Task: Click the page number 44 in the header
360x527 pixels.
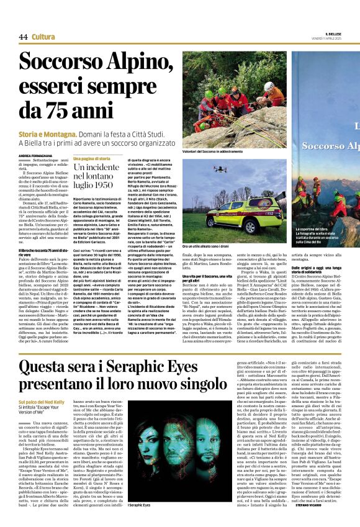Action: click(23, 37)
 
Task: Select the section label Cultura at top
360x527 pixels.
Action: click(43, 37)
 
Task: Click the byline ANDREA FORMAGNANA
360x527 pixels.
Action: click(35, 156)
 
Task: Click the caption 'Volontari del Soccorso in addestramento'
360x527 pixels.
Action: click(212, 151)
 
